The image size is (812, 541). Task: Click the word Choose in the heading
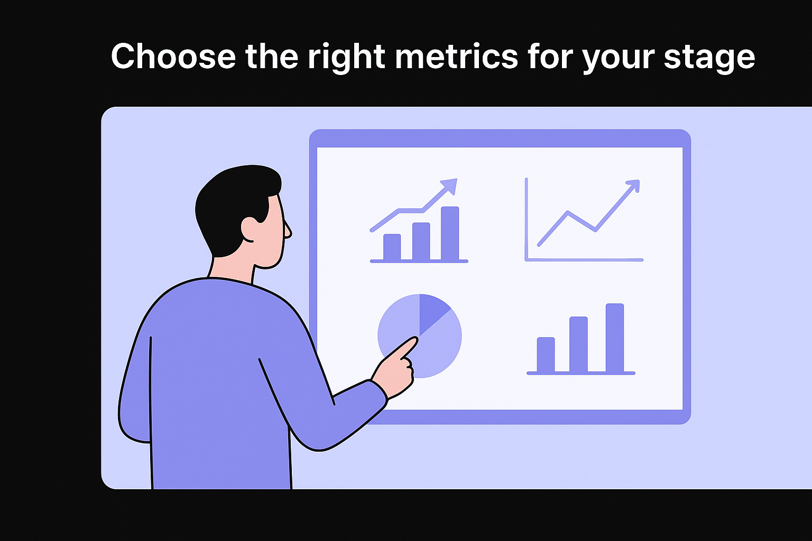click(x=173, y=56)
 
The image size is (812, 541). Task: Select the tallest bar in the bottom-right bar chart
click(x=615, y=338)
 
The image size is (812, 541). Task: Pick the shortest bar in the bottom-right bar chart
click(x=546, y=355)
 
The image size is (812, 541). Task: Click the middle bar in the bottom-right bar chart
click(x=578, y=344)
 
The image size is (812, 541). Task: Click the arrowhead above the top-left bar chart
click(x=449, y=185)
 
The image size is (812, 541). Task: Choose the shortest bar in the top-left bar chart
click(x=392, y=247)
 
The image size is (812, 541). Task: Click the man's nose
click(x=288, y=231)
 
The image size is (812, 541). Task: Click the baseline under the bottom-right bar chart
click(x=580, y=373)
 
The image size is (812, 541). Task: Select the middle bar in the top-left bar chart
click(x=421, y=241)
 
